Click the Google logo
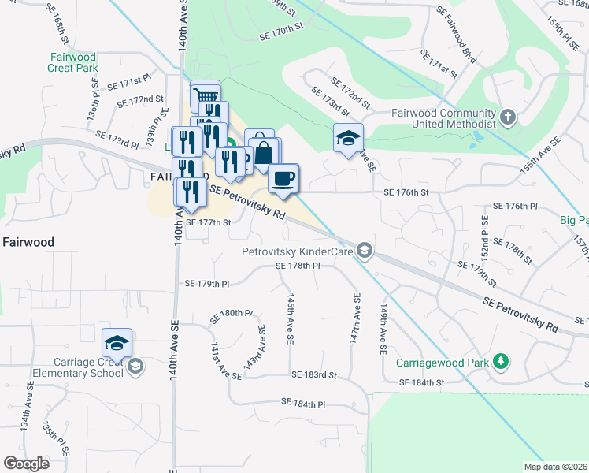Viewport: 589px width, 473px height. pyautogui.click(x=26, y=463)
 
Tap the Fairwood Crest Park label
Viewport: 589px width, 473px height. pyautogui.click(x=72, y=62)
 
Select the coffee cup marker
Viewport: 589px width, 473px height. pyautogui.click(x=283, y=177)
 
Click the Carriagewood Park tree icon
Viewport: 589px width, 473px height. pyautogui.click(x=500, y=362)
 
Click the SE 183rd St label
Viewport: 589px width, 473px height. pyautogui.click(x=313, y=376)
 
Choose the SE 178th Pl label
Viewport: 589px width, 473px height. pyautogui.click(x=298, y=266)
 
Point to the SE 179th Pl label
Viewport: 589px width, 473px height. pyautogui.click(x=207, y=283)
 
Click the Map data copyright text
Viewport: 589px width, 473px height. pyautogui.click(x=555, y=467)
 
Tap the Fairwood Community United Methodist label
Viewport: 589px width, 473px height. pyautogui.click(x=444, y=118)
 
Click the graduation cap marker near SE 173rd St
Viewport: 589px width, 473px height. pyautogui.click(x=348, y=139)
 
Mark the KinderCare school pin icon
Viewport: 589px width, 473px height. pyautogui.click(x=364, y=251)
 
